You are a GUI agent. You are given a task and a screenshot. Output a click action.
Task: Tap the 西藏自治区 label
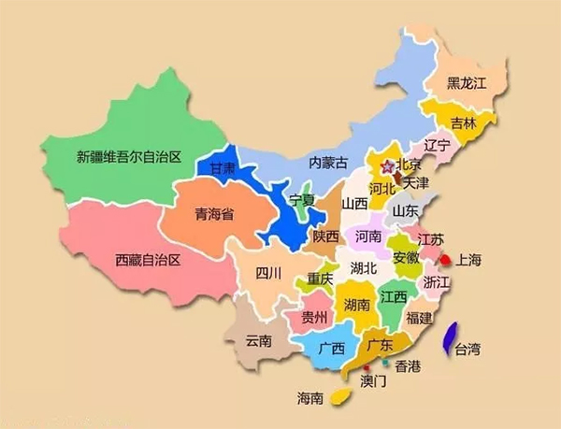147,259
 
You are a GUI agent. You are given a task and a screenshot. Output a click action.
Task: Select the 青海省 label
214,214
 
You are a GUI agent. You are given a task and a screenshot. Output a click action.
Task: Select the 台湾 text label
467,350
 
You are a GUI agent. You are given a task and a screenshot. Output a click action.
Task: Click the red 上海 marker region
446,260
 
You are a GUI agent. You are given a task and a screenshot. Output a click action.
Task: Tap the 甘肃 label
222,169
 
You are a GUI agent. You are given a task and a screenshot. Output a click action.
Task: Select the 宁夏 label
302,200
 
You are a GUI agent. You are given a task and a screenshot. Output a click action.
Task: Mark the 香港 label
409,365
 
